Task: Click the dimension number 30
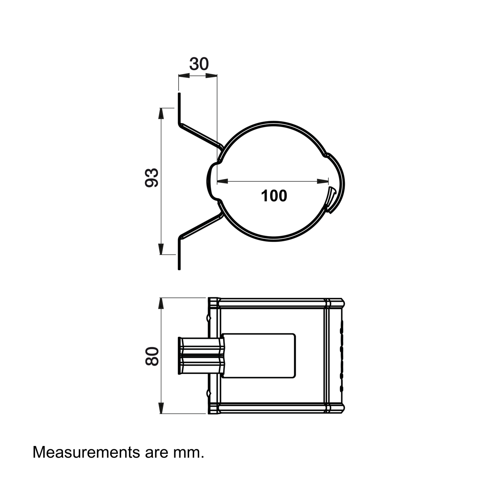pos(199,64)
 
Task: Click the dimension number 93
pos(152,178)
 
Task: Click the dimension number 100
pos(274,196)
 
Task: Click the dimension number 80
pos(152,356)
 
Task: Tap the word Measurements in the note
pos(86,452)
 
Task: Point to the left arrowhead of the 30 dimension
pos(184,76)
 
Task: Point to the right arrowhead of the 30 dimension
pos(211,76)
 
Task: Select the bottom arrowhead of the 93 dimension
pos(161,249)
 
